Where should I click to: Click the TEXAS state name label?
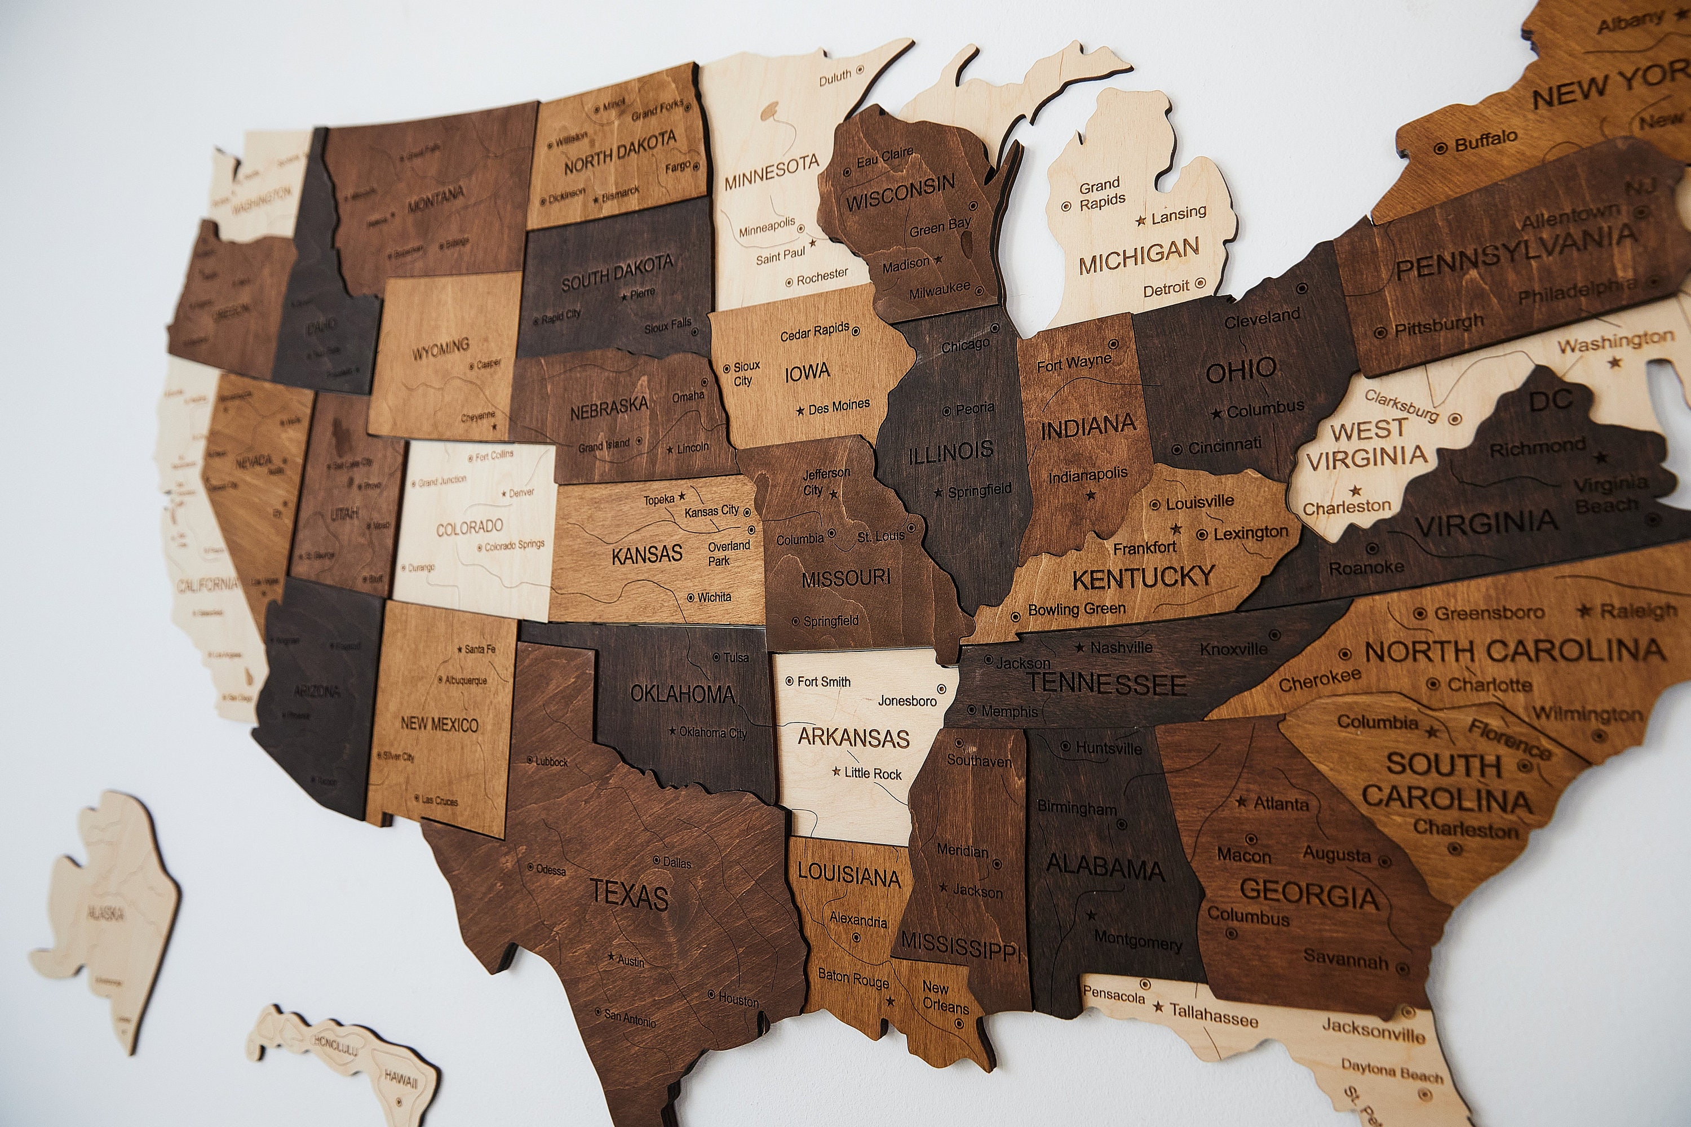629,895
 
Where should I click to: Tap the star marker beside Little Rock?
836,771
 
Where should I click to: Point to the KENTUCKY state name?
1143,577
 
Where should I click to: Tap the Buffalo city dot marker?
1440,148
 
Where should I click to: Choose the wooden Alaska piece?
108,913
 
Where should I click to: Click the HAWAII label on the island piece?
400,1079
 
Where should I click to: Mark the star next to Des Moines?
800,410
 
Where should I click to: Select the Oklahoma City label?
712,733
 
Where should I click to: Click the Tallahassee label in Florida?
1214,1014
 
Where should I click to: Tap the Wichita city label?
714,597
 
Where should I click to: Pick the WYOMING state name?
440,350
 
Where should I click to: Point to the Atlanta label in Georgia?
1281,804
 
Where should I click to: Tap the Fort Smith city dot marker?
790,681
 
